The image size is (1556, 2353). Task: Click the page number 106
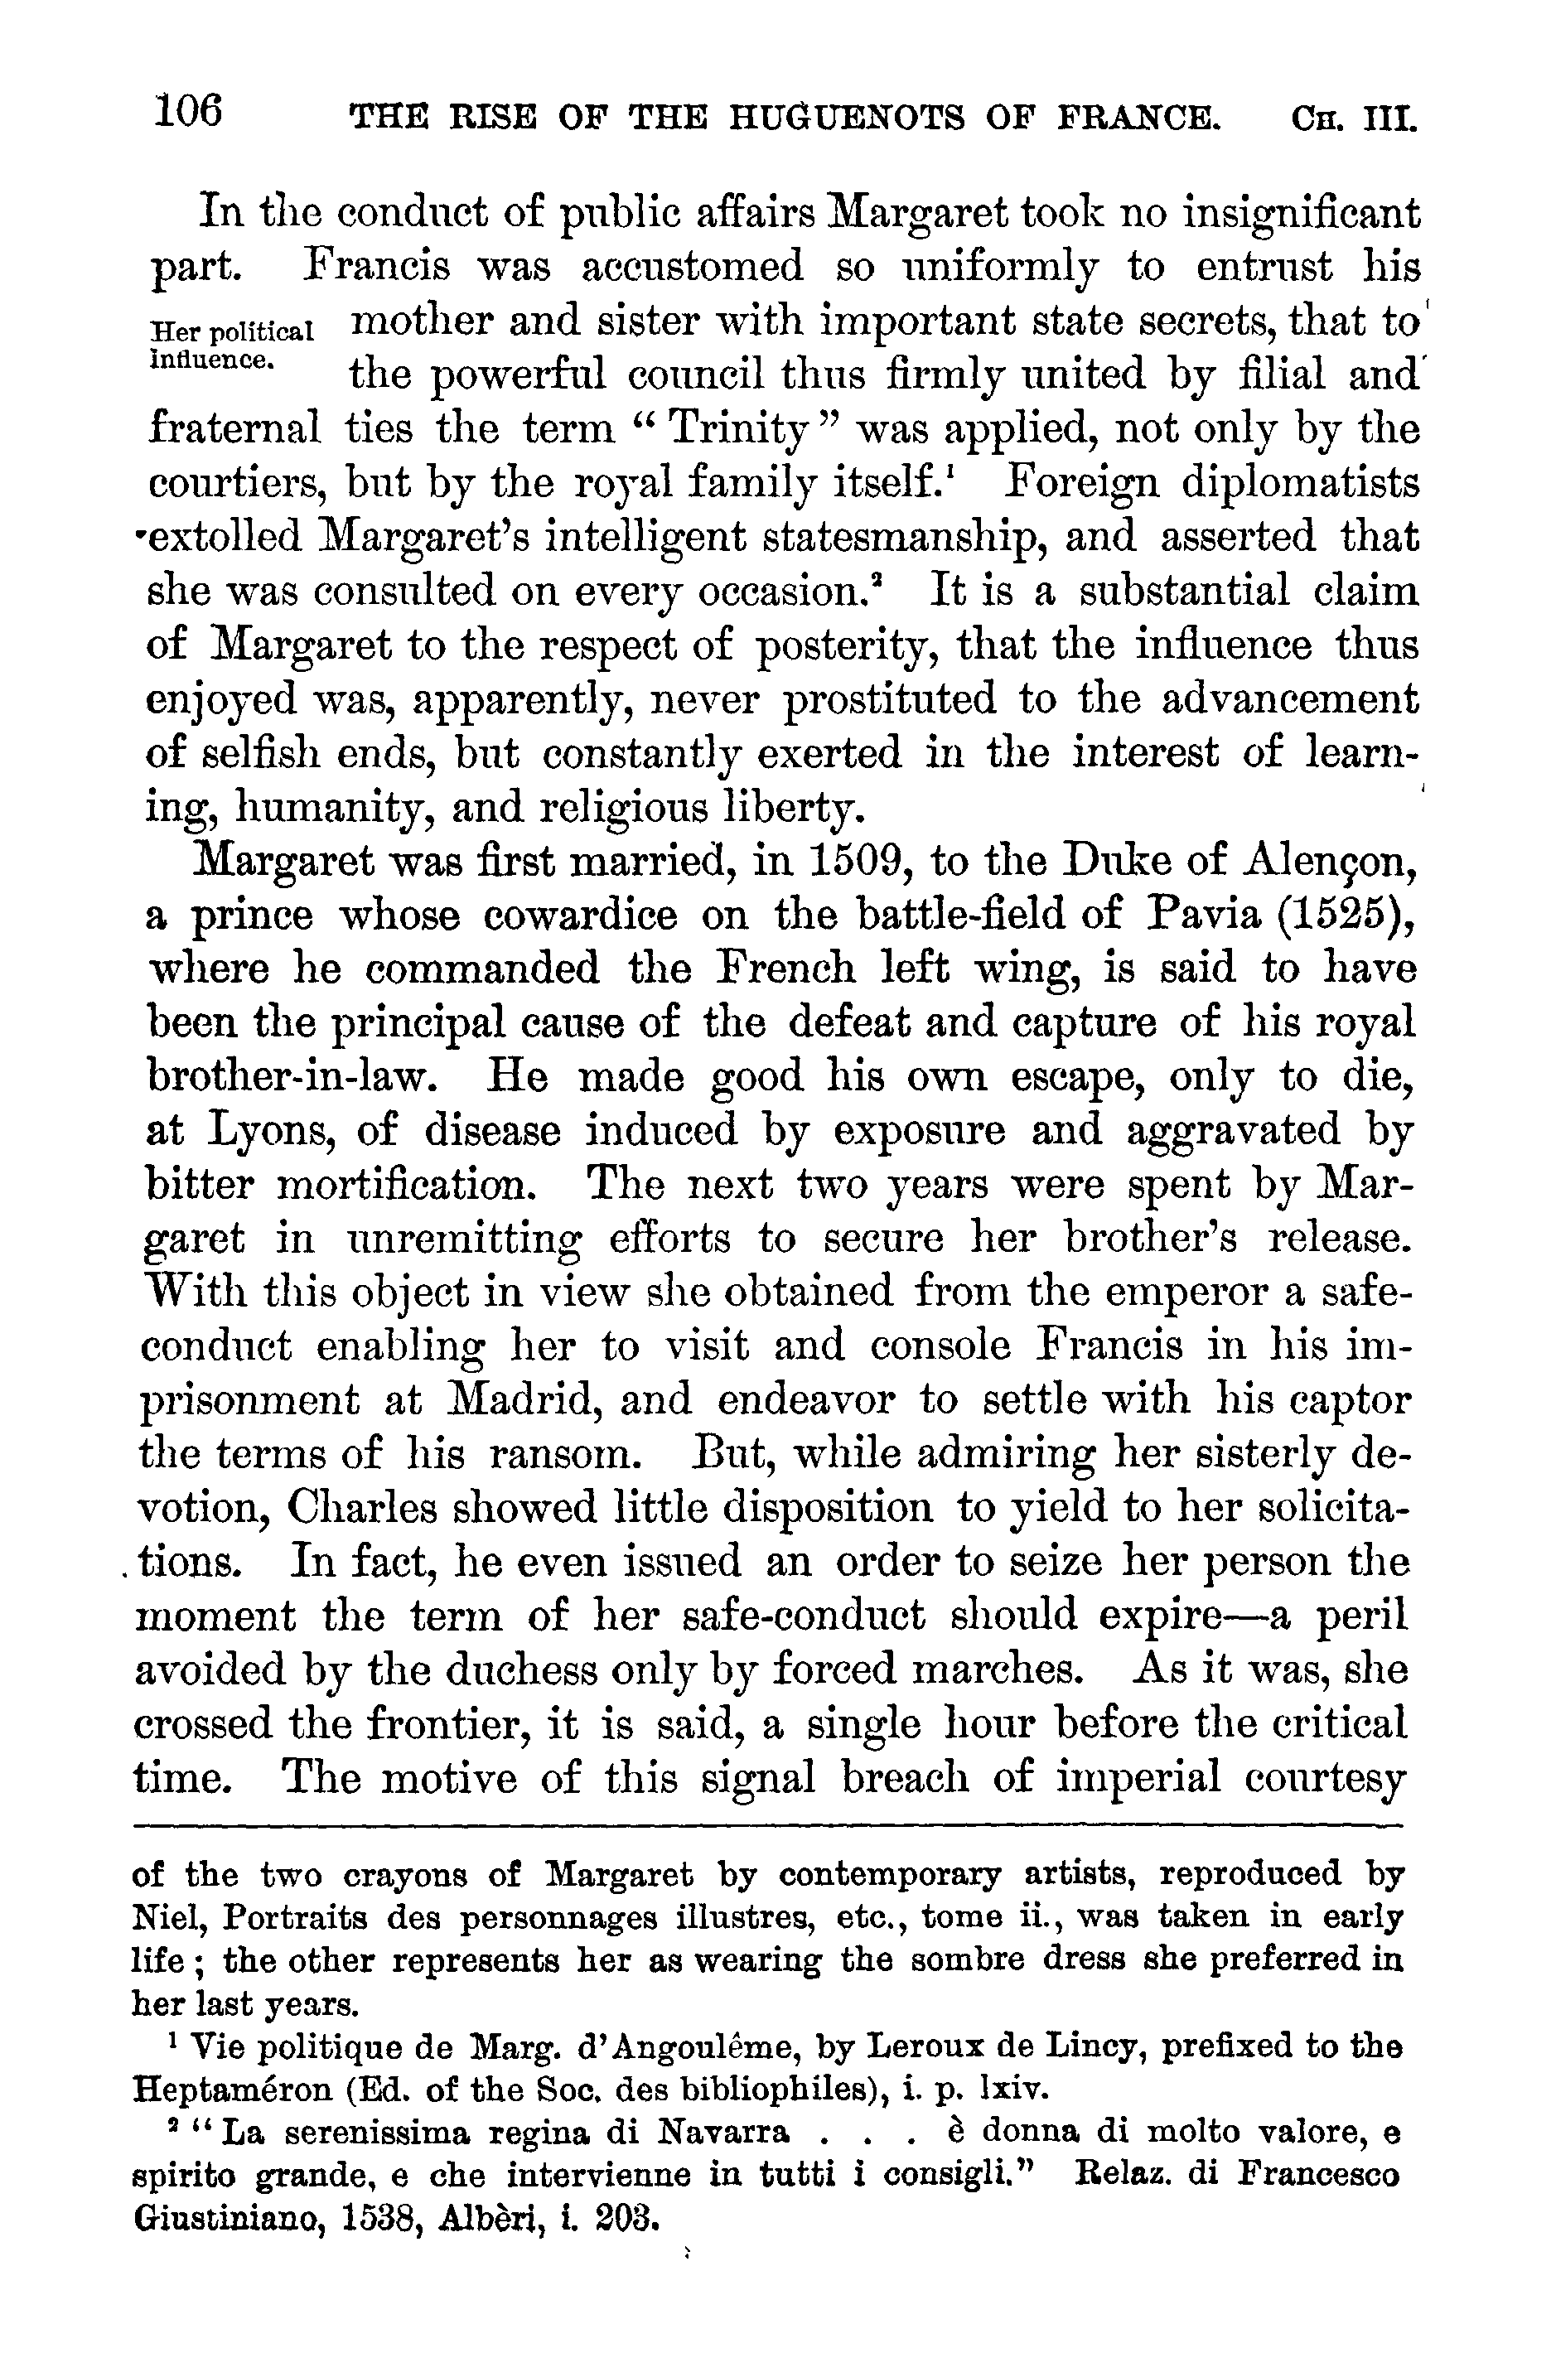[x=189, y=111]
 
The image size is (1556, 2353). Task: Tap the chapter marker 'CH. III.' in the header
[x=1355, y=120]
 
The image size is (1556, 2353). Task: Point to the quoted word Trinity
[x=740, y=430]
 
